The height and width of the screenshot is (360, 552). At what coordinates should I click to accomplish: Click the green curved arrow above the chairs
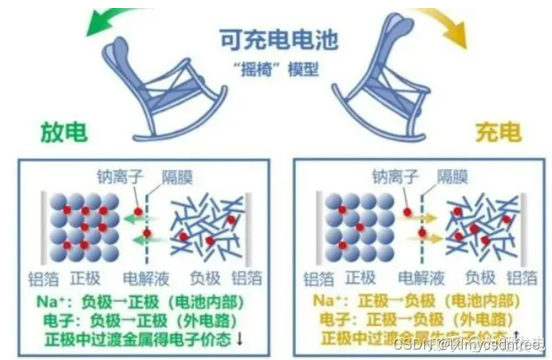click(x=95, y=22)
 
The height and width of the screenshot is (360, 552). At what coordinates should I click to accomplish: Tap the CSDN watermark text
click(x=479, y=344)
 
